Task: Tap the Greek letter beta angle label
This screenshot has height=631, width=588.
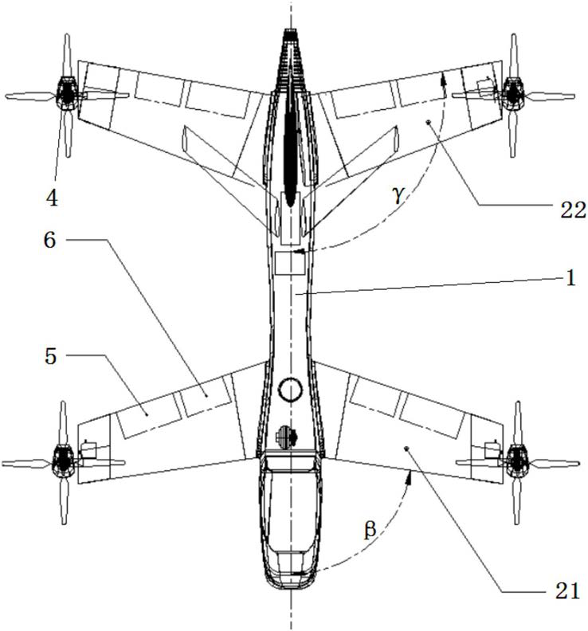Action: (369, 531)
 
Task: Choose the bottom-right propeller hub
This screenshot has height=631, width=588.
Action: (517, 461)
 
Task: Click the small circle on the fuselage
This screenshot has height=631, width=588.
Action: (292, 390)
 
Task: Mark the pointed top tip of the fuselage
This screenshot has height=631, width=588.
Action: (291, 32)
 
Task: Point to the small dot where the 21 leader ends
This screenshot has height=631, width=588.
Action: (407, 449)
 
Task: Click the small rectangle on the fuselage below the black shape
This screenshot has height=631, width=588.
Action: (290, 263)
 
